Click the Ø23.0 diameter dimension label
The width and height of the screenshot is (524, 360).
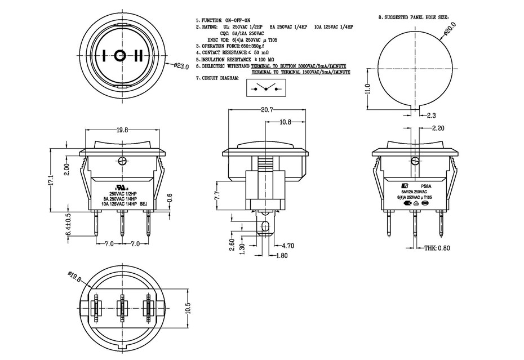click(x=180, y=66)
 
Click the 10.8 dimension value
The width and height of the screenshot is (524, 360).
click(x=286, y=122)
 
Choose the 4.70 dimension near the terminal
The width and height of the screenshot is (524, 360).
click(x=288, y=246)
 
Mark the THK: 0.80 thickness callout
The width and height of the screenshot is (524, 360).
click(x=438, y=248)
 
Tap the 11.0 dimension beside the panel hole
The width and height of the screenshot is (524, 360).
click(x=367, y=89)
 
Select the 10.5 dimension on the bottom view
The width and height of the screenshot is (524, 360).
click(x=188, y=308)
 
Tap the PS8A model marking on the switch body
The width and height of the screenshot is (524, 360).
click(x=426, y=186)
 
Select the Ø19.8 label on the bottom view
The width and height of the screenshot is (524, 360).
click(x=75, y=277)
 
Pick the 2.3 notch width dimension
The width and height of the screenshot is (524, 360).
click(x=432, y=115)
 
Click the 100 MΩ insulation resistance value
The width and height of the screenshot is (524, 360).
click(x=265, y=59)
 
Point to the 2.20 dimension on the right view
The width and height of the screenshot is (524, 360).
click(x=438, y=128)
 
